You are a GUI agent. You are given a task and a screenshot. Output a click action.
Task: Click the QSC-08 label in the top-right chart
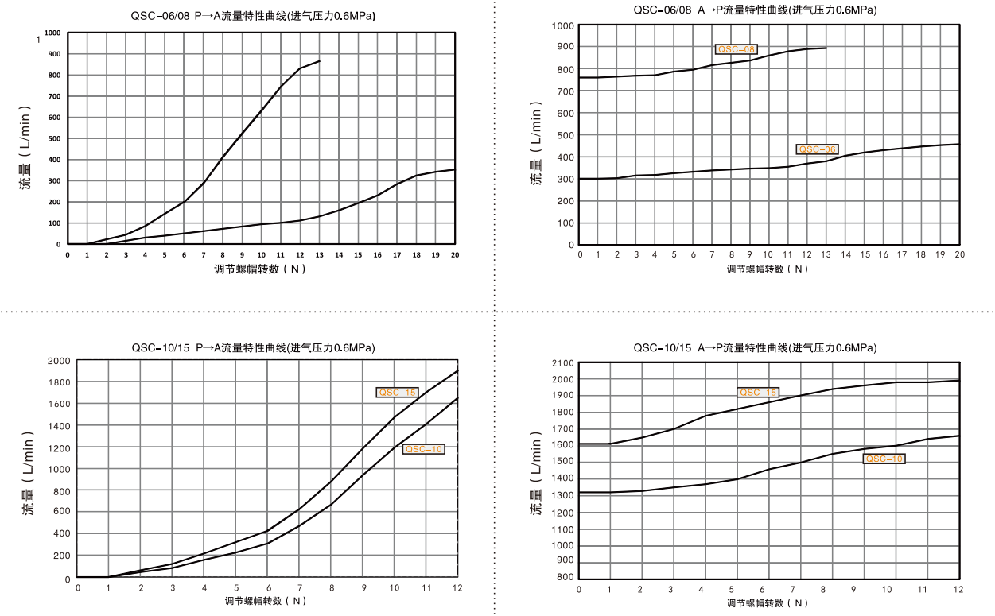tap(736, 49)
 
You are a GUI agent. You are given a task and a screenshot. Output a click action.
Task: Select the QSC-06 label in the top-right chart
tap(817, 149)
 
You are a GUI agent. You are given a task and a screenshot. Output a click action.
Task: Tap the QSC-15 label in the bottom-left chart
tap(397, 392)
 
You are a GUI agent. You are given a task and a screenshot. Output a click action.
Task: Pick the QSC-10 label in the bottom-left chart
tap(423, 449)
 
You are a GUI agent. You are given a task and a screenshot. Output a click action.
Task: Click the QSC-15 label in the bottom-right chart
tap(758, 392)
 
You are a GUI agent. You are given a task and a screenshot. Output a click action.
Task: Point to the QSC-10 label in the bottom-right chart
tap(884, 459)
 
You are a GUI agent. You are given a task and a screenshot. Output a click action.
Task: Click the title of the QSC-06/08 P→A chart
tap(253, 16)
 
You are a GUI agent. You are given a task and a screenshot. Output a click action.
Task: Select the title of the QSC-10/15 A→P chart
tap(756, 347)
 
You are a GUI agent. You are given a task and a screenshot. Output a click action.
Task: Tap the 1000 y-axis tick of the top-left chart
tap(52, 33)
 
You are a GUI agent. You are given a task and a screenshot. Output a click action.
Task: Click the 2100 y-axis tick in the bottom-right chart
tap(562, 362)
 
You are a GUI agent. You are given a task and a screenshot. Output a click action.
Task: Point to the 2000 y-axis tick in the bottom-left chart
tap(59, 361)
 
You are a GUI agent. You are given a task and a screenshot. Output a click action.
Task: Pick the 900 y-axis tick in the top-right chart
tap(565, 47)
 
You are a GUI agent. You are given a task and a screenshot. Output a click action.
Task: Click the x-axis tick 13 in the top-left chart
tap(320, 255)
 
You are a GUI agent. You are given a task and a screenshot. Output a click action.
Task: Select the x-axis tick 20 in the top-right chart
tap(959, 254)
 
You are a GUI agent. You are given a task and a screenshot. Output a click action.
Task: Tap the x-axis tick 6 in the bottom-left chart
tap(268, 588)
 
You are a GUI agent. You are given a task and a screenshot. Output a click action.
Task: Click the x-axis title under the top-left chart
tap(260, 269)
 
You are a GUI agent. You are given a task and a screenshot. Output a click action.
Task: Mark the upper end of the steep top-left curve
tap(320, 60)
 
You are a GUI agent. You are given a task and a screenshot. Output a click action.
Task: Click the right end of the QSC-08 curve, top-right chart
tap(826, 48)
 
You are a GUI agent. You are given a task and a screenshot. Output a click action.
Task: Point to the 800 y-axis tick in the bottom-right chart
tap(566, 578)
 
